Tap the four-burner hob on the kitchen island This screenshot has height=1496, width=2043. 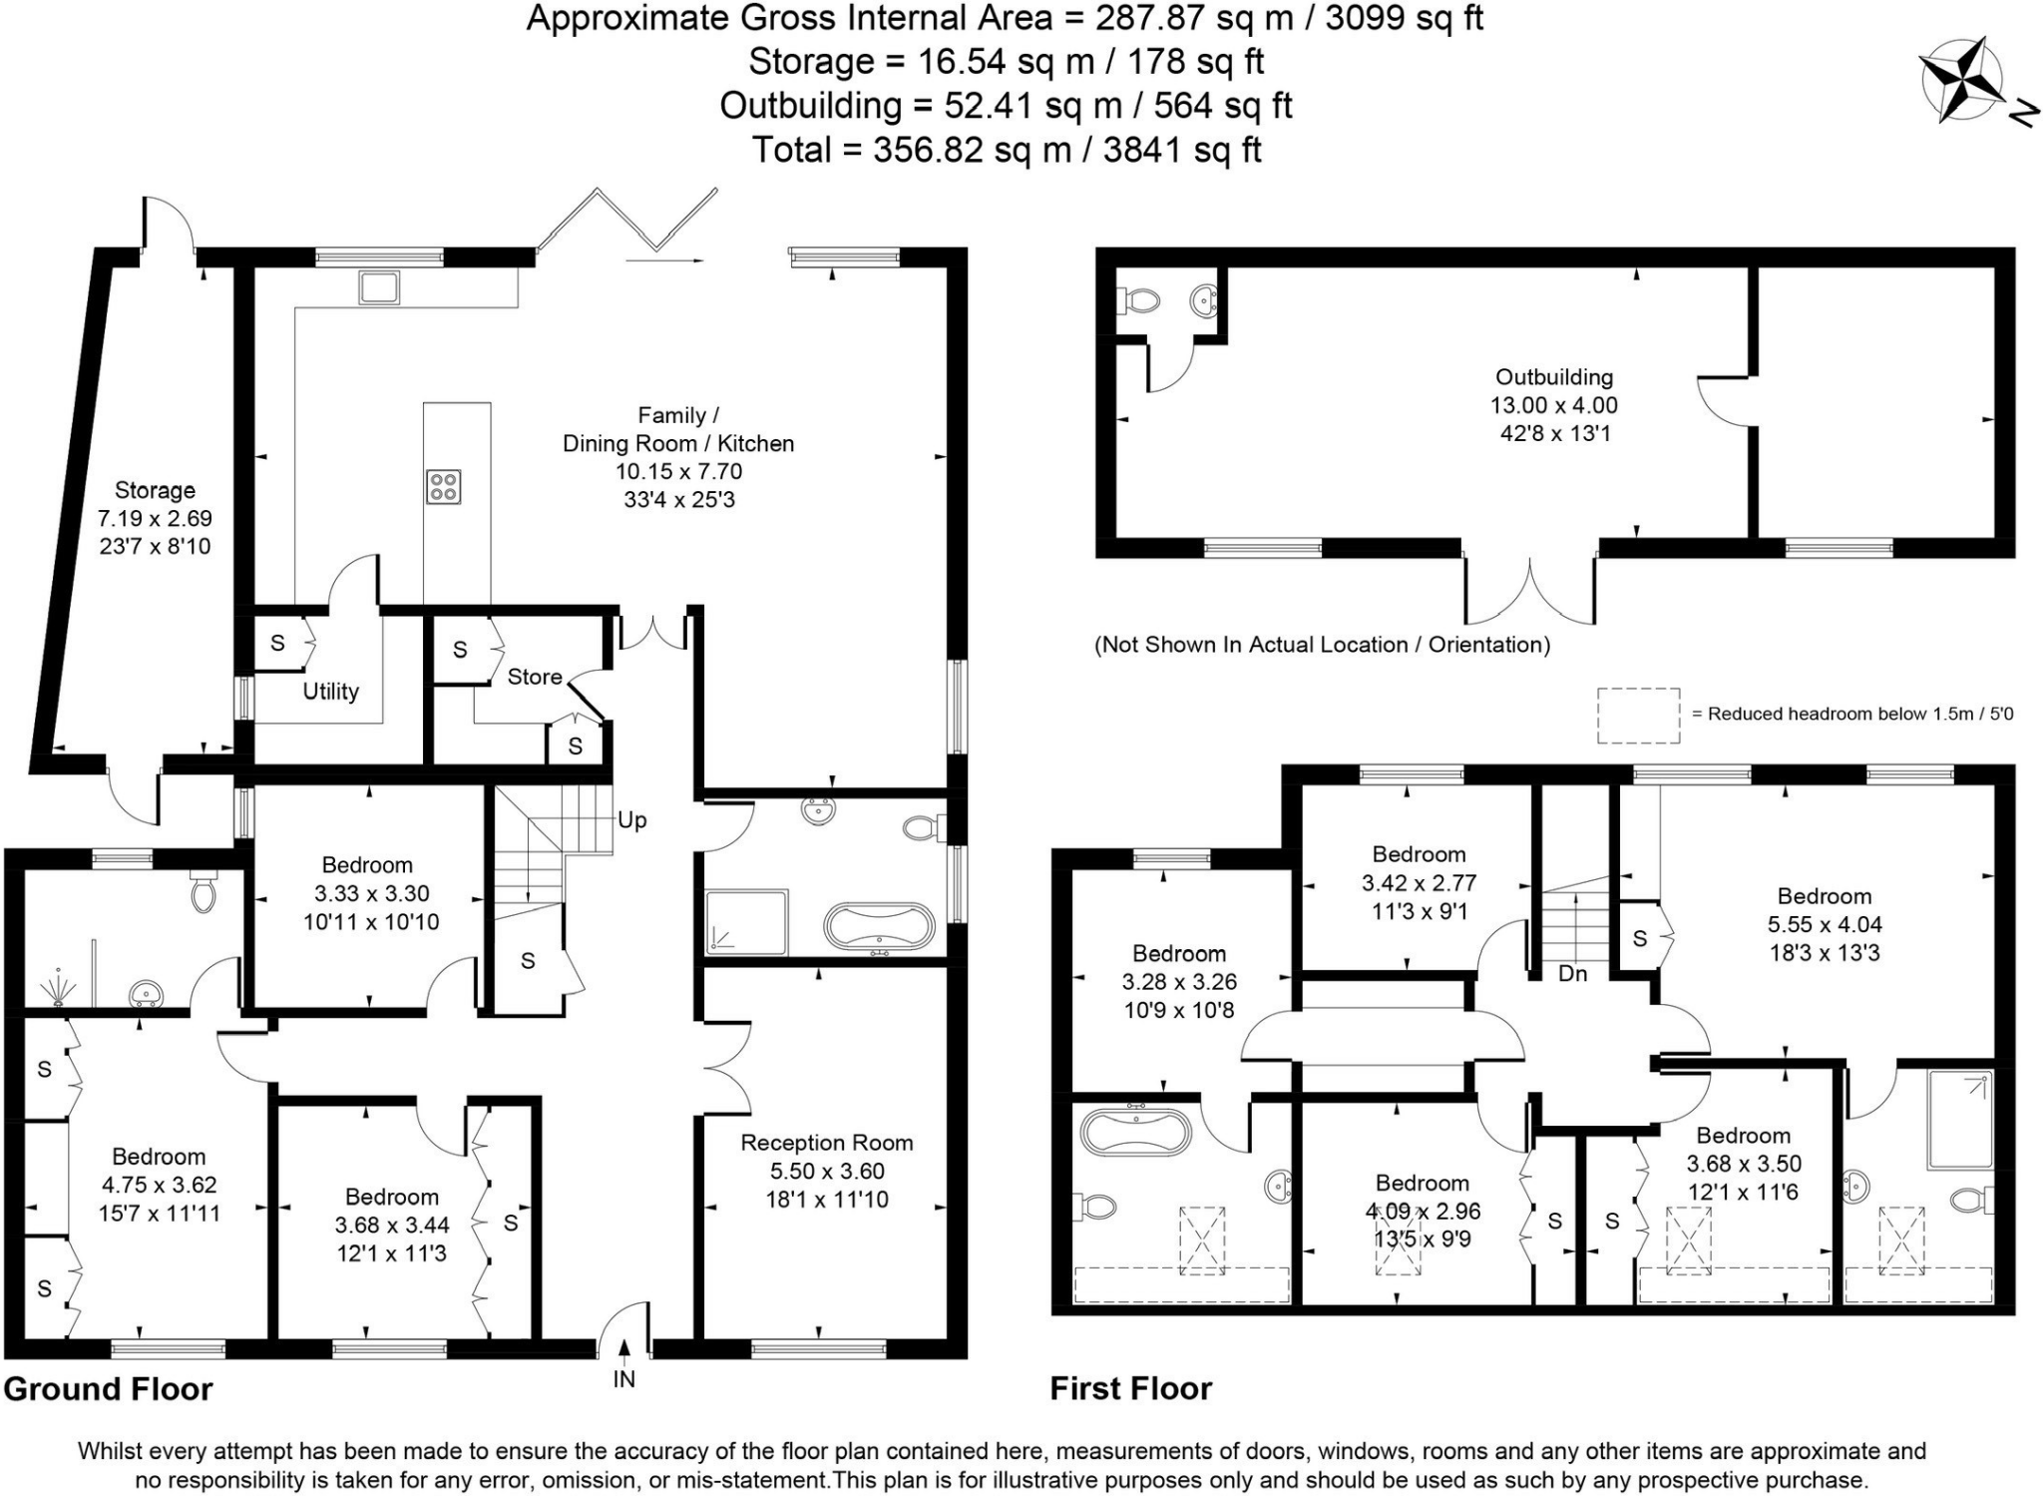[443, 487]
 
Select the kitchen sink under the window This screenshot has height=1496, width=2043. [379, 287]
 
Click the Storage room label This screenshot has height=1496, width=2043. [155, 490]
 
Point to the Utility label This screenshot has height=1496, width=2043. [330, 692]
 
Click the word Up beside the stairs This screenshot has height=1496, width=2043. [631, 820]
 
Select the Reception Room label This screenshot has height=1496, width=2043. [826, 1143]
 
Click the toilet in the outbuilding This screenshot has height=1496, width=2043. [1139, 299]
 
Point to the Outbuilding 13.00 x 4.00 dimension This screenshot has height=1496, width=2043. [1553, 405]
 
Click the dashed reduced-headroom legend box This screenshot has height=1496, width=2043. [1638, 716]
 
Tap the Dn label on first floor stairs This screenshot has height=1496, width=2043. [1572, 973]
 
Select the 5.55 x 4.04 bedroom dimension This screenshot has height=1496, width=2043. [1824, 924]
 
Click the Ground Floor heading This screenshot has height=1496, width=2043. [108, 1389]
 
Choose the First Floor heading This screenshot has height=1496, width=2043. [1130, 1388]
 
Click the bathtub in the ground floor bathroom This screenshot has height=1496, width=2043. [879, 927]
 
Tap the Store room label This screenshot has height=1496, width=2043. [535, 677]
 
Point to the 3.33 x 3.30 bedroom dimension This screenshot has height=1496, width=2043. [371, 893]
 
